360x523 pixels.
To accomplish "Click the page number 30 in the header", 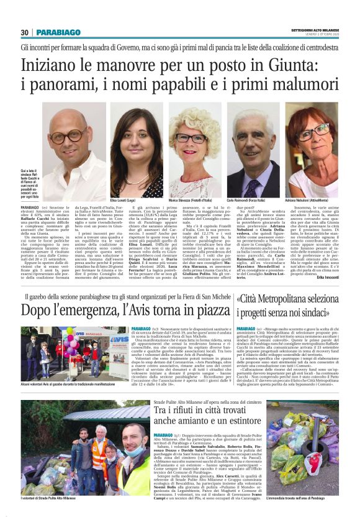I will pos(25,32).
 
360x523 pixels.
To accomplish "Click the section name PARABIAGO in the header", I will pos(58,32).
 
